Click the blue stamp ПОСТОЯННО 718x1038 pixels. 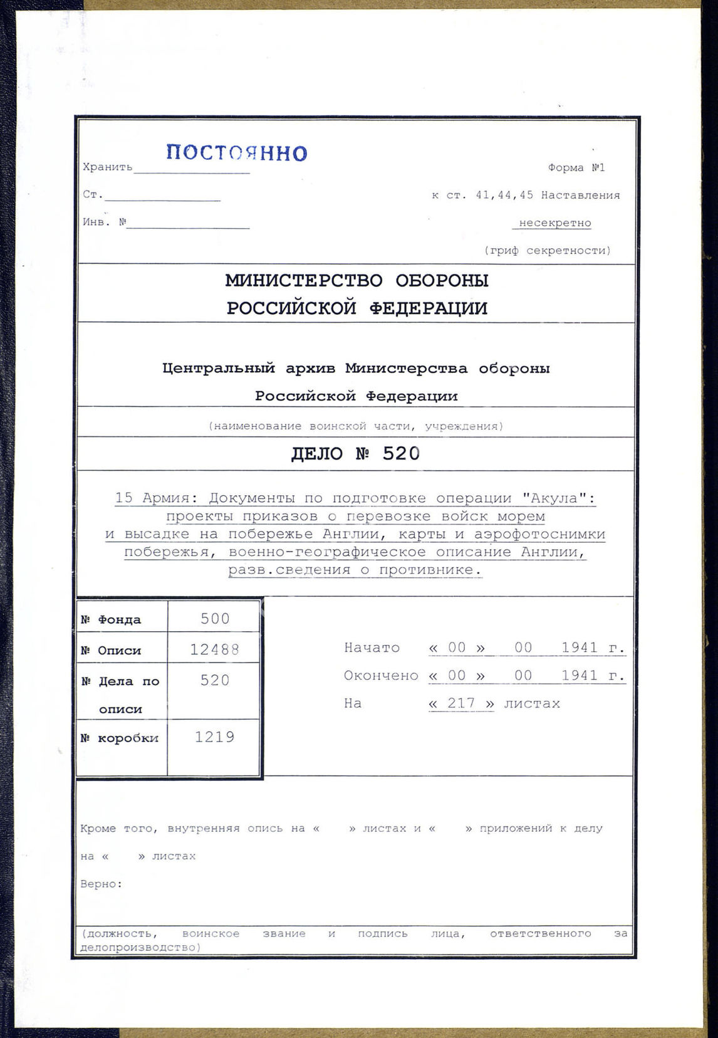point(237,153)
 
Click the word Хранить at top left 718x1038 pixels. point(107,167)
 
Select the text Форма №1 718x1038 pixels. point(576,168)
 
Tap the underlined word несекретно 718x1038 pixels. point(554,223)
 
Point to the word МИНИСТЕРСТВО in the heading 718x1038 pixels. point(304,281)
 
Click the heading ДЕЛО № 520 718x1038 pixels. point(355,454)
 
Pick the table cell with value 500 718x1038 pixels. point(215,619)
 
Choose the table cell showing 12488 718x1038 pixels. point(215,650)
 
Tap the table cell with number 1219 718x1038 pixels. point(215,737)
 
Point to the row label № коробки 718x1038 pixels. point(120,738)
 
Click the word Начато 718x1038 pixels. point(372,648)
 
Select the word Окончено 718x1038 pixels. point(381,676)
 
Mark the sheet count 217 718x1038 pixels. point(461,703)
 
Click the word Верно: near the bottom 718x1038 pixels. point(101,884)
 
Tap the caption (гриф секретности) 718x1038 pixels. point(547,251)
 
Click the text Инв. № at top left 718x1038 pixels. point(105,222)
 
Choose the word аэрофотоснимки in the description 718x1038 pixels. point(539,535)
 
